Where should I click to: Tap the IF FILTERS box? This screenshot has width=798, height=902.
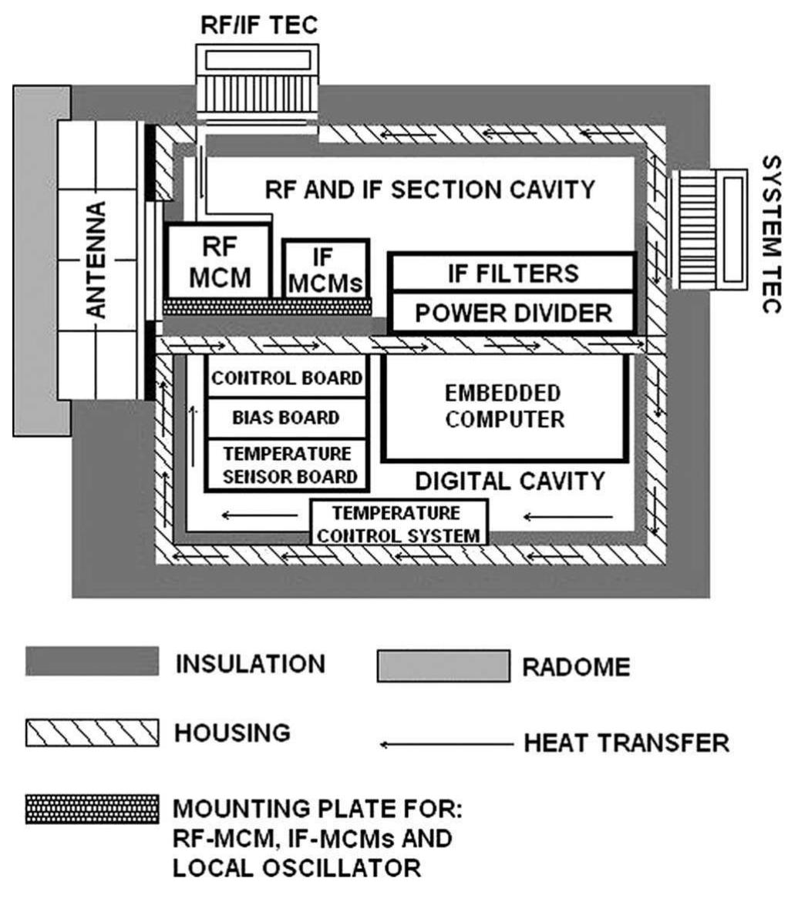[512, 273]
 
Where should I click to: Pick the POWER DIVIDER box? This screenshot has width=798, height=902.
[512, 312]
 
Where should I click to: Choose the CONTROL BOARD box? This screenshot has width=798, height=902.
[287, 377]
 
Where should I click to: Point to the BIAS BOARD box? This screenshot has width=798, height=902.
[287, 417]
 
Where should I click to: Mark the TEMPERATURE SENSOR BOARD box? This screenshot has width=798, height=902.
[287, 464]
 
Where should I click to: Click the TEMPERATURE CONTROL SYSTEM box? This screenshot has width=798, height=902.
[399, 522]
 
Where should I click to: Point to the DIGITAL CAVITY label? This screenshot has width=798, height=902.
[510, 481]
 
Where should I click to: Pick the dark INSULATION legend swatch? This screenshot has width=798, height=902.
[92, 662]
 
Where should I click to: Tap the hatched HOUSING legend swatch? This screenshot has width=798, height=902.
[92, 733]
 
